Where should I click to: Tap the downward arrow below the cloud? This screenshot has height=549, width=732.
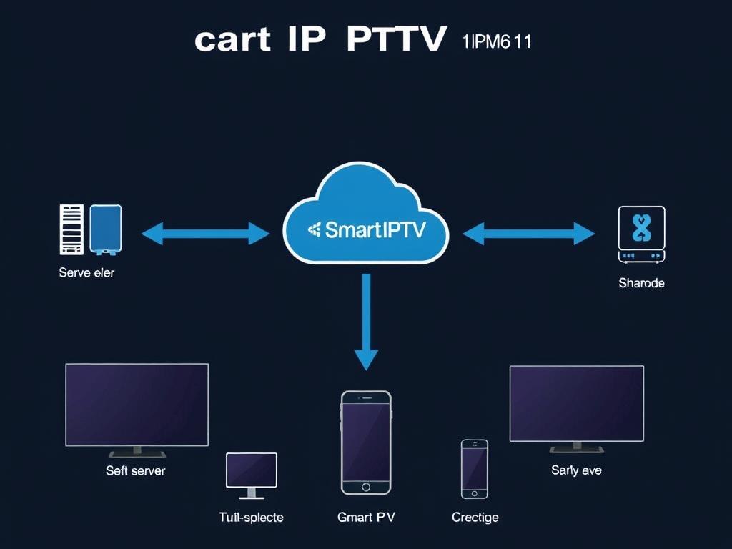coord(366,322)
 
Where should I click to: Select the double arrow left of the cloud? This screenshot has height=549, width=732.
coord(206,232)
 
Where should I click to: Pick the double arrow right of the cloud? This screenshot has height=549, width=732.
coord(529,233)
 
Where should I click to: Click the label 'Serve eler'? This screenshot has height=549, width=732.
coord(86,272)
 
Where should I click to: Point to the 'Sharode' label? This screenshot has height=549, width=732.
coord(641,283)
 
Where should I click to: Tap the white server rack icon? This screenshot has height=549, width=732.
coord(71,229)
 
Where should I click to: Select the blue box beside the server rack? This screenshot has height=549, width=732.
coord(106,229)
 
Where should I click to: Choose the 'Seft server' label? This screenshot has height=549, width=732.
coord(135,470)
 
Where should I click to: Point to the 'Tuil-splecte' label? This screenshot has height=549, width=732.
coord(251,517)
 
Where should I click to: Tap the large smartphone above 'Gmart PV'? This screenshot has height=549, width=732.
coord(366,442)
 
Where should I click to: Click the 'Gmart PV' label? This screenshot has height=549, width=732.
coord(366,517)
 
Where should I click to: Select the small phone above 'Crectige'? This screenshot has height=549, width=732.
coord(475,468)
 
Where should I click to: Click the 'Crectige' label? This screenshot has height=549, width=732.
coord(475,517)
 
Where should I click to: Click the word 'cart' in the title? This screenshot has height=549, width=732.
coord(232,39)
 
